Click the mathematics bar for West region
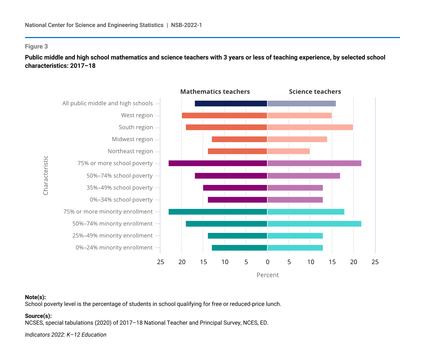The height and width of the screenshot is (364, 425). coord(224,115)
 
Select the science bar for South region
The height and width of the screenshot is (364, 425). coord(310,127)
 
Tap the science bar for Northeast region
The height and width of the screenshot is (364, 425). coord(288,151)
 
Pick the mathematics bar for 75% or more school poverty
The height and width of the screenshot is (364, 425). coord(218,163)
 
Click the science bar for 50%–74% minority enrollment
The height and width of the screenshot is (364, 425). coord(314,224)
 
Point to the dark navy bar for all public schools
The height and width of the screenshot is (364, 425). coord(231,103)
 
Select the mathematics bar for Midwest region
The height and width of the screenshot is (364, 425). coord(239,139)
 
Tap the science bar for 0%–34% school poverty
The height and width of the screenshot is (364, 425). coord(295,200)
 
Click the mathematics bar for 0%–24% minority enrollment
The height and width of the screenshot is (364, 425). coord(239,248)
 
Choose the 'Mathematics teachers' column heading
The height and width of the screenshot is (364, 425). coord(215,92)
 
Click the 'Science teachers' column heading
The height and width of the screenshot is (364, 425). coord(315,92)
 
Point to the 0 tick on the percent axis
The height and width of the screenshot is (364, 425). coord(267,262)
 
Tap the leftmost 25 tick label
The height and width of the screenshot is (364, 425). coord(160,262)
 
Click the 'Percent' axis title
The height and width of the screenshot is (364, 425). coord(267,275)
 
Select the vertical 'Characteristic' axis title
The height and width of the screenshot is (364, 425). coord(45,175)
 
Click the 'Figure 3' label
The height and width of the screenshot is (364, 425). coord(36,46)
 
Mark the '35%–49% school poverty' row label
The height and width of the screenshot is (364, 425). coord(119,188)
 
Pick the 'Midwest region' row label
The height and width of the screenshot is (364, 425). coord(132,139)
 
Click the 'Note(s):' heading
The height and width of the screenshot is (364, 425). coord(35,297)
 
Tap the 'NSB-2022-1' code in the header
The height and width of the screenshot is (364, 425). coord(186,25)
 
